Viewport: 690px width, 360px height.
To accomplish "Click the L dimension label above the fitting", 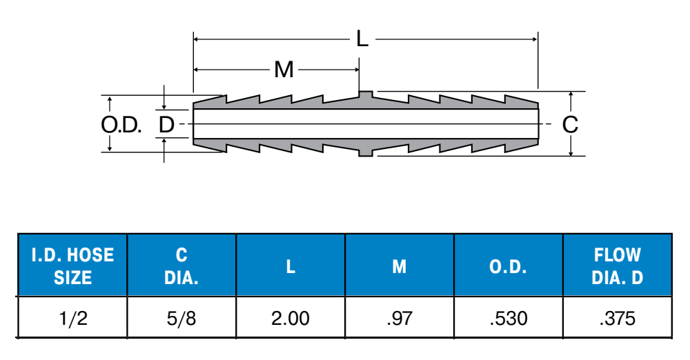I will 362,39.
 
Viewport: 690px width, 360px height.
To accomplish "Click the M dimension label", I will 284,70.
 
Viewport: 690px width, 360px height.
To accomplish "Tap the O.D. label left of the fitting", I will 121,125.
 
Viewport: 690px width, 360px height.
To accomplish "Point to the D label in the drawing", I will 166,125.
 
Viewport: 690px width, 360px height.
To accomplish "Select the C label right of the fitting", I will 570,125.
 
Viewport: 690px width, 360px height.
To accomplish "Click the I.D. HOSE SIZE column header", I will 72,266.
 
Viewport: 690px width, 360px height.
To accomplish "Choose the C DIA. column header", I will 181,266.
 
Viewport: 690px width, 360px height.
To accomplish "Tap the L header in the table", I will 290,266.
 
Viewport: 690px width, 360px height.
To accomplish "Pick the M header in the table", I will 400,266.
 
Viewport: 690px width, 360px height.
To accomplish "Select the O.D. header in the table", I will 509,266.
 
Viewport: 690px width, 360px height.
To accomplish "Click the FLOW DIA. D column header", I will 618,266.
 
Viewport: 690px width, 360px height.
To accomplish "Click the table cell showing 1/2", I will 72,318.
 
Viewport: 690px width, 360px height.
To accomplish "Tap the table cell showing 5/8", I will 181,318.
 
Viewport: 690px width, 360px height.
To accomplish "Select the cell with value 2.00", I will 290,318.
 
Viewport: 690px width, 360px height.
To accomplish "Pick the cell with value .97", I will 400,318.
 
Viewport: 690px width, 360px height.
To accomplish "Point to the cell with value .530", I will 509,318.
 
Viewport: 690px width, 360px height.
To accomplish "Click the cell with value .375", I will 618,318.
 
